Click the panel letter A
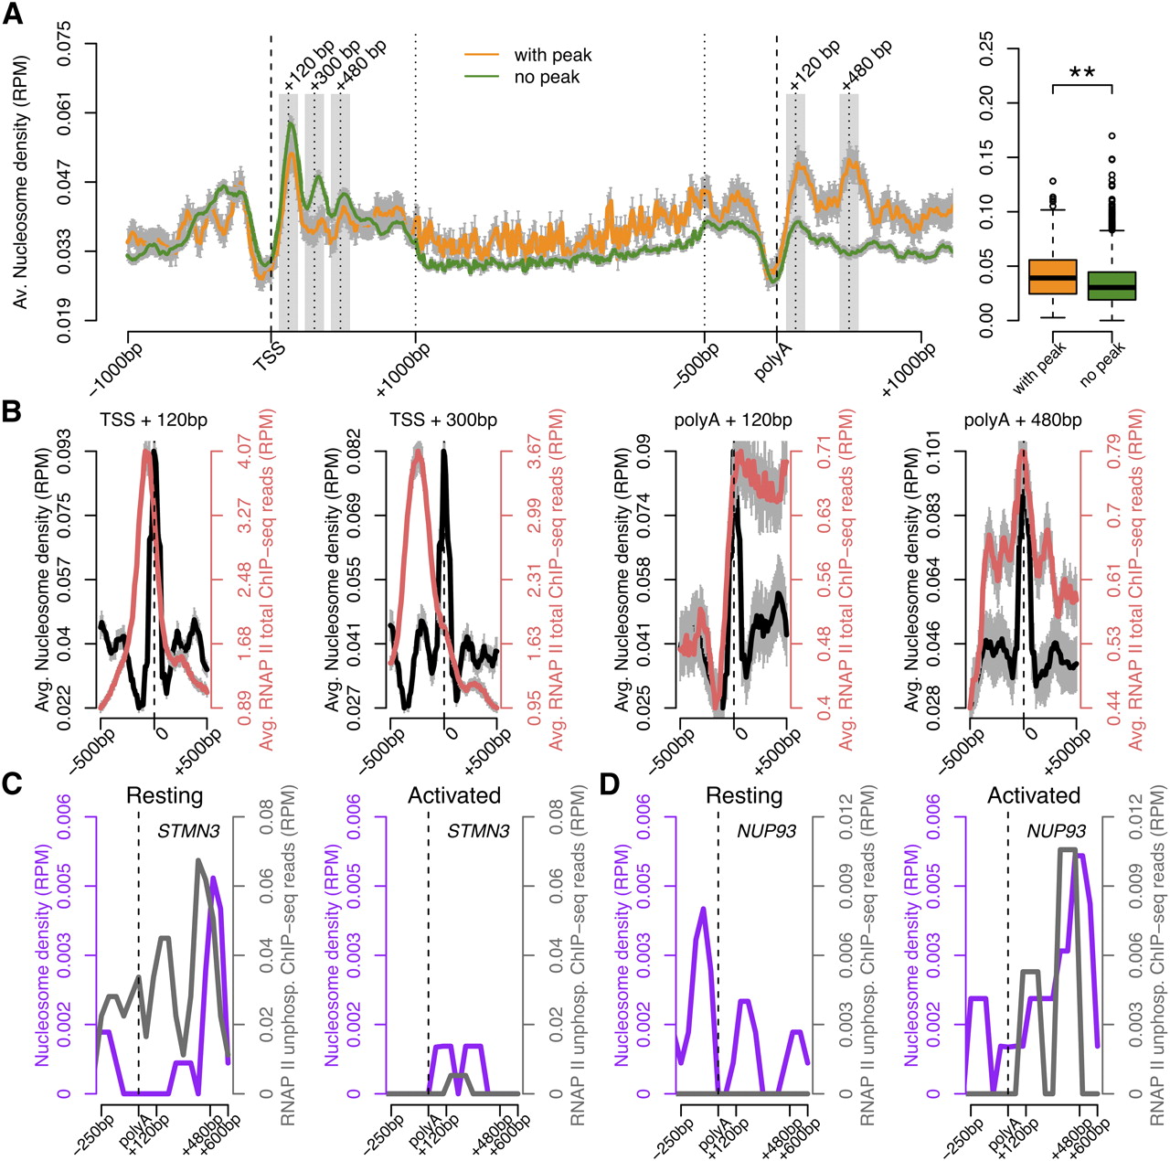pos(13,13)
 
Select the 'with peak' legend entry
pos(528,55)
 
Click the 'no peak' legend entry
pos(522,77)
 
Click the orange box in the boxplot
pos(1052,277)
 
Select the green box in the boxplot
pos(1111,285)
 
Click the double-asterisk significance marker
pos(1082,73)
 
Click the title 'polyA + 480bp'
pos(1023,420)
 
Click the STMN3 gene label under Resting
pos(188,831)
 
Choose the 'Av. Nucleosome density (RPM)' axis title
pos(22,182)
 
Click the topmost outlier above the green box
pos(1111,136)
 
